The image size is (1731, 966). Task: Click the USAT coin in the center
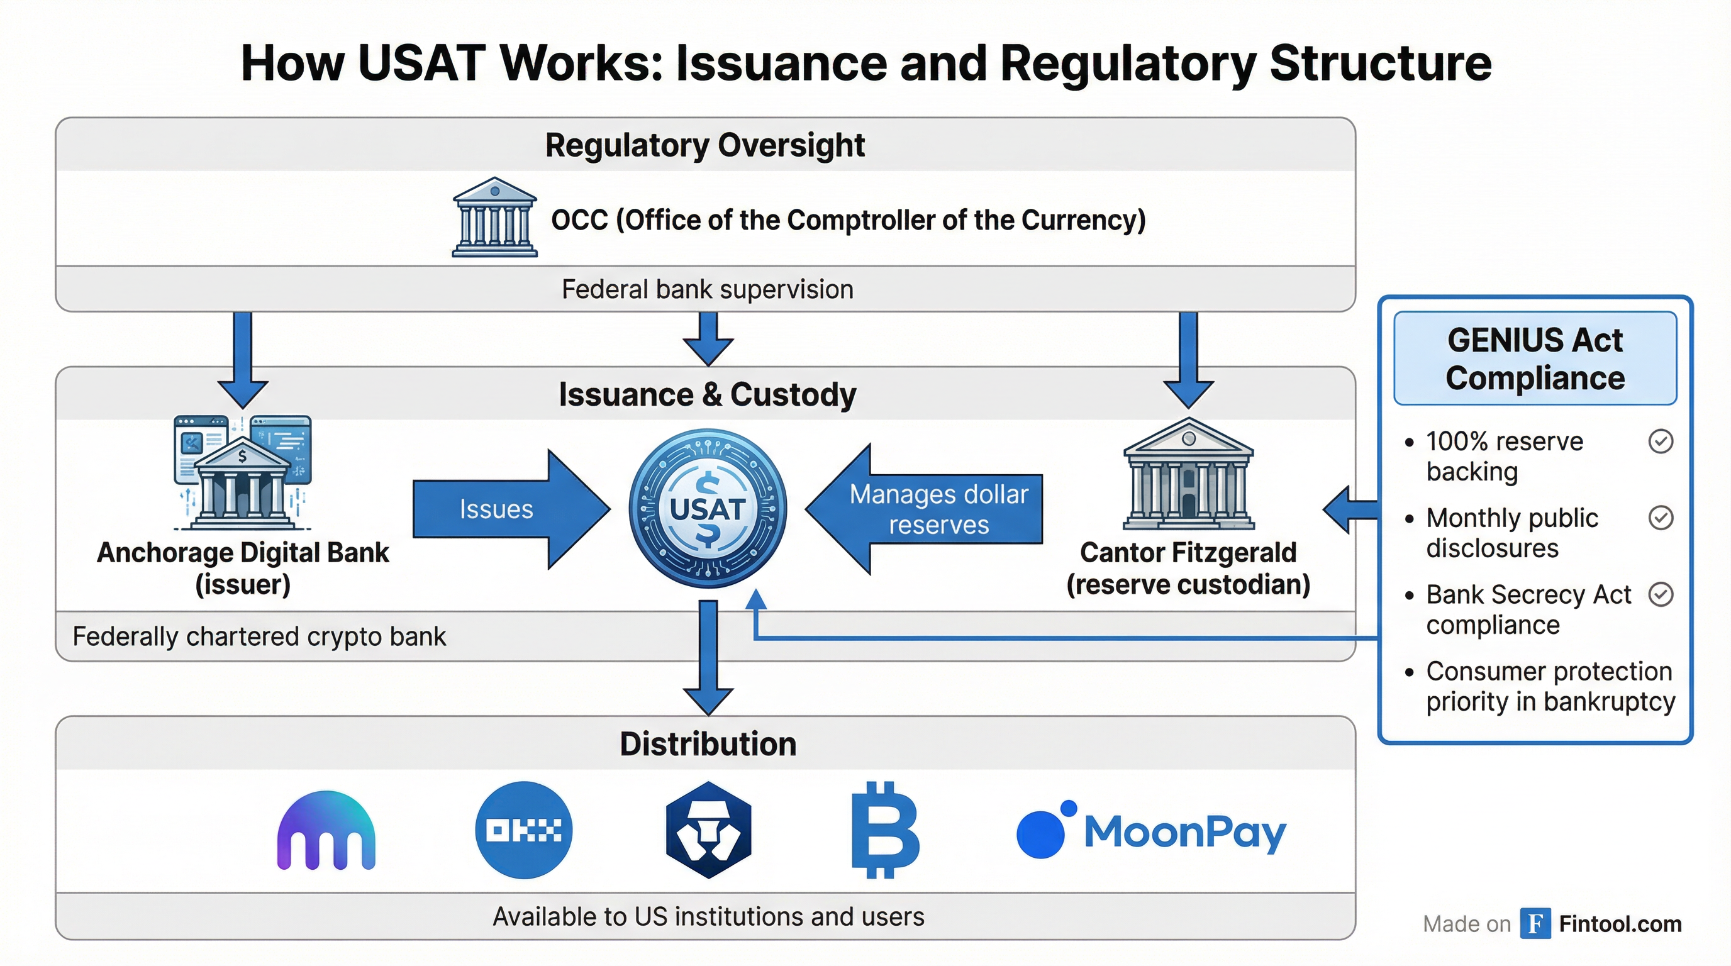coord(707,509)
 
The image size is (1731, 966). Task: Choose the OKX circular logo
coord(523,830)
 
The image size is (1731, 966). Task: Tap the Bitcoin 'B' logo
coord(884,830)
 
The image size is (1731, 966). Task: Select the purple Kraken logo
coord(326,831)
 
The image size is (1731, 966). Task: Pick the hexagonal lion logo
coord(708,830)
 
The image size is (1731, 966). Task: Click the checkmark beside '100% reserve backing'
coord(1661,441)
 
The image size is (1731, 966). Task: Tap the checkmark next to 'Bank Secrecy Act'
coord(1661,594)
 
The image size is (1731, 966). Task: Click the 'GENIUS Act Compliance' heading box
coord(1535,358)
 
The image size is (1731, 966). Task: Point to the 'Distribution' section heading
coord(708,743)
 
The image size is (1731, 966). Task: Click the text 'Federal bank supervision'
coord(707,289)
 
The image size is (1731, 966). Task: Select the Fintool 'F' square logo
coord(1535,924)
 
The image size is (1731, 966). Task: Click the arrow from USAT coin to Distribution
coord(708,655)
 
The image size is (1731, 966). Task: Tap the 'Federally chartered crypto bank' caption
coord(259,636)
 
